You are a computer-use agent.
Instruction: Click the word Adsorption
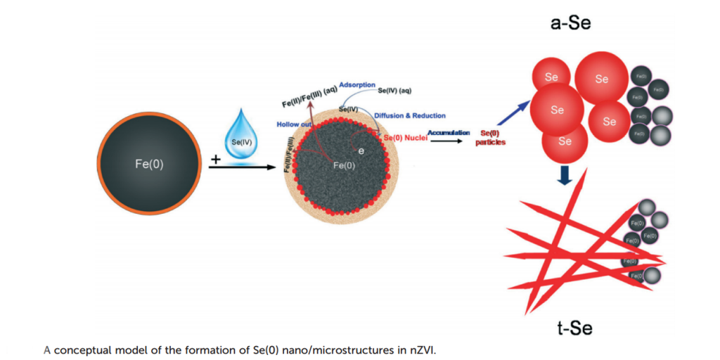pyautogui.click(x=357, y=85)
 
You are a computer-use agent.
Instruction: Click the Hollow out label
pyautogui.click(x=294, y=124)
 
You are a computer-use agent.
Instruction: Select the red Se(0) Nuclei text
pyautogui.click(x=406, y=137)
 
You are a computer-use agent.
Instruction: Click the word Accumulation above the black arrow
pyautogui.click(x=449, y=132)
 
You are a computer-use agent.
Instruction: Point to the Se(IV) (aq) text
pyautogui.click(x=394, y=90)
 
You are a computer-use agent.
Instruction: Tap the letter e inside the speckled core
pyautogui.click(x=361, y=150)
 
